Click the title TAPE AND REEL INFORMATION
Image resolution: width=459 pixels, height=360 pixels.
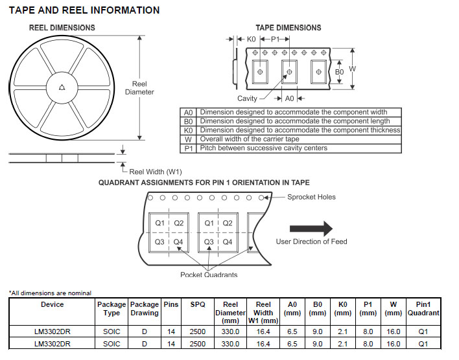84,10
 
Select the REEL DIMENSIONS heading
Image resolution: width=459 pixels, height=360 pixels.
62,28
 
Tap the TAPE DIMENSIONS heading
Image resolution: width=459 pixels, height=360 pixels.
288,28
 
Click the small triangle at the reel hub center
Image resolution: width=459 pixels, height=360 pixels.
62,87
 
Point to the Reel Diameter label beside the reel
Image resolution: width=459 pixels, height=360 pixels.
139,88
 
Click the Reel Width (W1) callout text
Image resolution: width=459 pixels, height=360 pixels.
156,172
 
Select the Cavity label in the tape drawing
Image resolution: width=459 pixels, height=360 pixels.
247,98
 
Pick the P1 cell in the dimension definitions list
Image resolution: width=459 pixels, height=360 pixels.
189,148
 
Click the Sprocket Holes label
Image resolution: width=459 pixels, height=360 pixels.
311,197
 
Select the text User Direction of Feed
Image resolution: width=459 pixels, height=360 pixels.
311,242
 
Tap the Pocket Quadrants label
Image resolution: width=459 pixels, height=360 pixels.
209,275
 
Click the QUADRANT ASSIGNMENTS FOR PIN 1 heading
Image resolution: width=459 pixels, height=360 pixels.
204,183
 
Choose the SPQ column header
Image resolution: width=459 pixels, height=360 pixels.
198,304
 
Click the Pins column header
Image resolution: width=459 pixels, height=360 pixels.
171,304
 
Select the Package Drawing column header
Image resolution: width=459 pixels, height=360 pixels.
144,308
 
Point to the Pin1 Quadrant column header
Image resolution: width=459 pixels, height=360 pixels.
423,308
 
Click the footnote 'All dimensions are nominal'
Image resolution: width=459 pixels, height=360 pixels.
50,293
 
